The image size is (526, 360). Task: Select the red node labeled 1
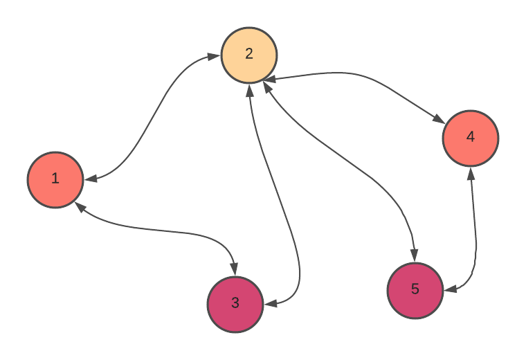55,180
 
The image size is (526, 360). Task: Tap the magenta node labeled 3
235,305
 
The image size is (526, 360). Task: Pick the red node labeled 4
471,138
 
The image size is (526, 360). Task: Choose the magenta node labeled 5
415,291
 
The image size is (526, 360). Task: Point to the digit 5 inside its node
415,290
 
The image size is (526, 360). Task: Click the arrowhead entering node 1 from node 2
91,179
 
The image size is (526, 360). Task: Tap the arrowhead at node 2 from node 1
215,57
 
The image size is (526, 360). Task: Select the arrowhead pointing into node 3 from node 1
234,269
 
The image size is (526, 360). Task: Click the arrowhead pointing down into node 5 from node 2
414,256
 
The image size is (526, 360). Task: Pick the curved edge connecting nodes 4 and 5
475,235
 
